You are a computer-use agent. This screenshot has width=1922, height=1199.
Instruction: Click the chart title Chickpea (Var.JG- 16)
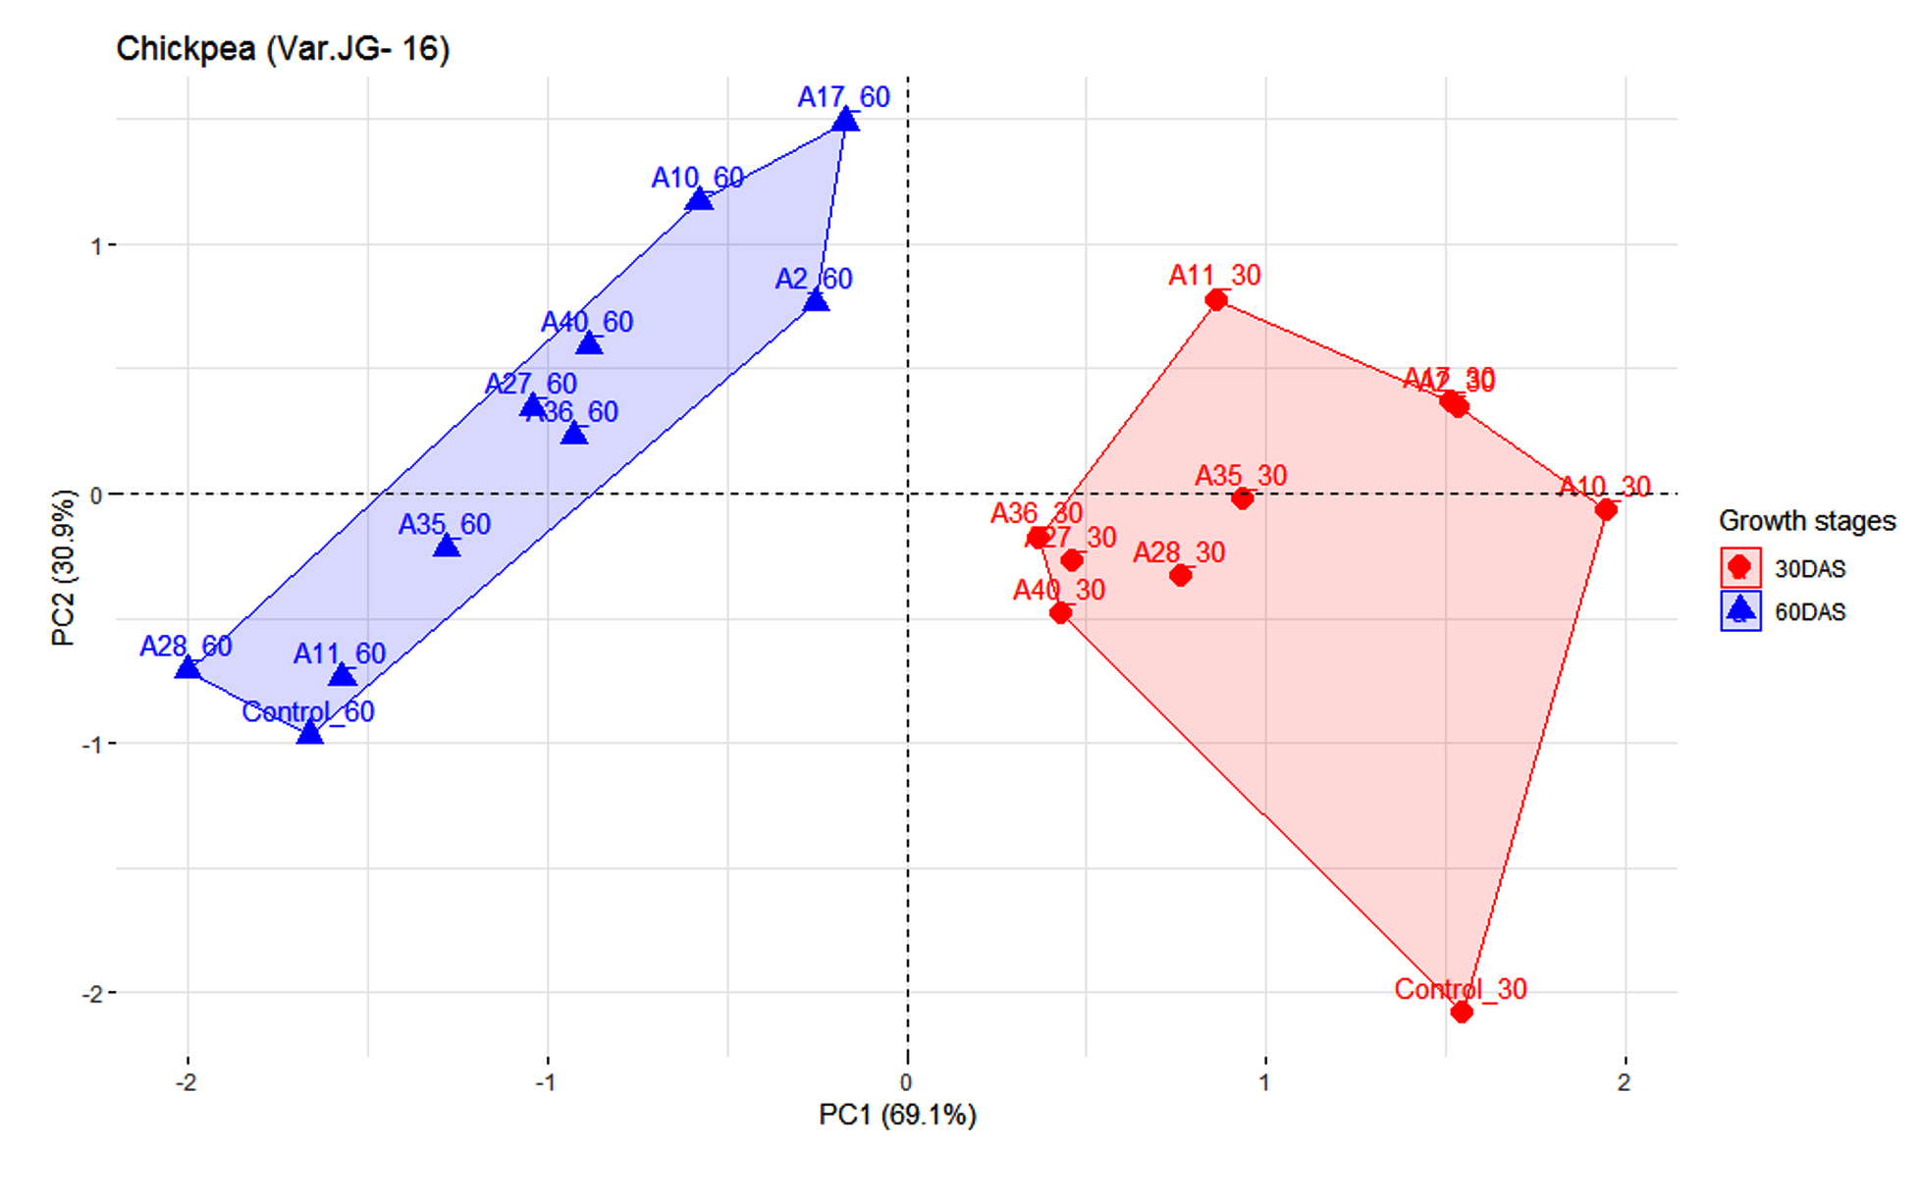(x=283, y=48)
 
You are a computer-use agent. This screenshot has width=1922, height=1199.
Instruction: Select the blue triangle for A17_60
(x=845, y=121)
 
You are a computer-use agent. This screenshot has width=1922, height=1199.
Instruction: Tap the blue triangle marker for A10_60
(x=699, y=200)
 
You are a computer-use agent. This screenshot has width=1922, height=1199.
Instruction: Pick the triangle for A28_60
(x=187, y=668)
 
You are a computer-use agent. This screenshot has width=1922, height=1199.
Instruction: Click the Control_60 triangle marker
(x=310, y=732)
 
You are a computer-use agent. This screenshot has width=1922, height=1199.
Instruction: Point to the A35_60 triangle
(x=447, y=546)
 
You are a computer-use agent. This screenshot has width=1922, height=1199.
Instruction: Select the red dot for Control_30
(x=1462, y=1012)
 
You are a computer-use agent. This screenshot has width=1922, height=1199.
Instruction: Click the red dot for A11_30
(x=1216, y=299)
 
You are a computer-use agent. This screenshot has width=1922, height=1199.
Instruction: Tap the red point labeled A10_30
(x=1606, y=509)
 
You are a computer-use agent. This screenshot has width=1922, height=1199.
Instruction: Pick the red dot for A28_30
(x=1181, y=575)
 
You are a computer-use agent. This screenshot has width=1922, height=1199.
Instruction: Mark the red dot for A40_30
(x=1060, y=613)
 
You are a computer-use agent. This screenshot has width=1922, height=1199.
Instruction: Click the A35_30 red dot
(x=1243, y=498)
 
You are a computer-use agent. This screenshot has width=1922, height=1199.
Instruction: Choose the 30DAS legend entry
(x=1809, y=569)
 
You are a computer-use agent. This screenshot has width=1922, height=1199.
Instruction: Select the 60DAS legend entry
(x=1809, y=612)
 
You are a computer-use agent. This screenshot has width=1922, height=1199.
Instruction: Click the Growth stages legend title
(x=1807, y=521)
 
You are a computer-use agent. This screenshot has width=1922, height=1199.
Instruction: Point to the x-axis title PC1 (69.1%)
(x=897, y=1116)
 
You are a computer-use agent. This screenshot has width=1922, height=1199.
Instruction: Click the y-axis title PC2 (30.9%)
(x=63, y=568)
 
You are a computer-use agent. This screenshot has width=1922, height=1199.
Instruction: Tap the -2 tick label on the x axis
(x=187, y=1083)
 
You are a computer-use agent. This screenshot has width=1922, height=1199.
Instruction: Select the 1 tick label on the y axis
(x=96, y=245)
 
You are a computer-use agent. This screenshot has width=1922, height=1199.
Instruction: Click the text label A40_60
(x=587, y=322)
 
